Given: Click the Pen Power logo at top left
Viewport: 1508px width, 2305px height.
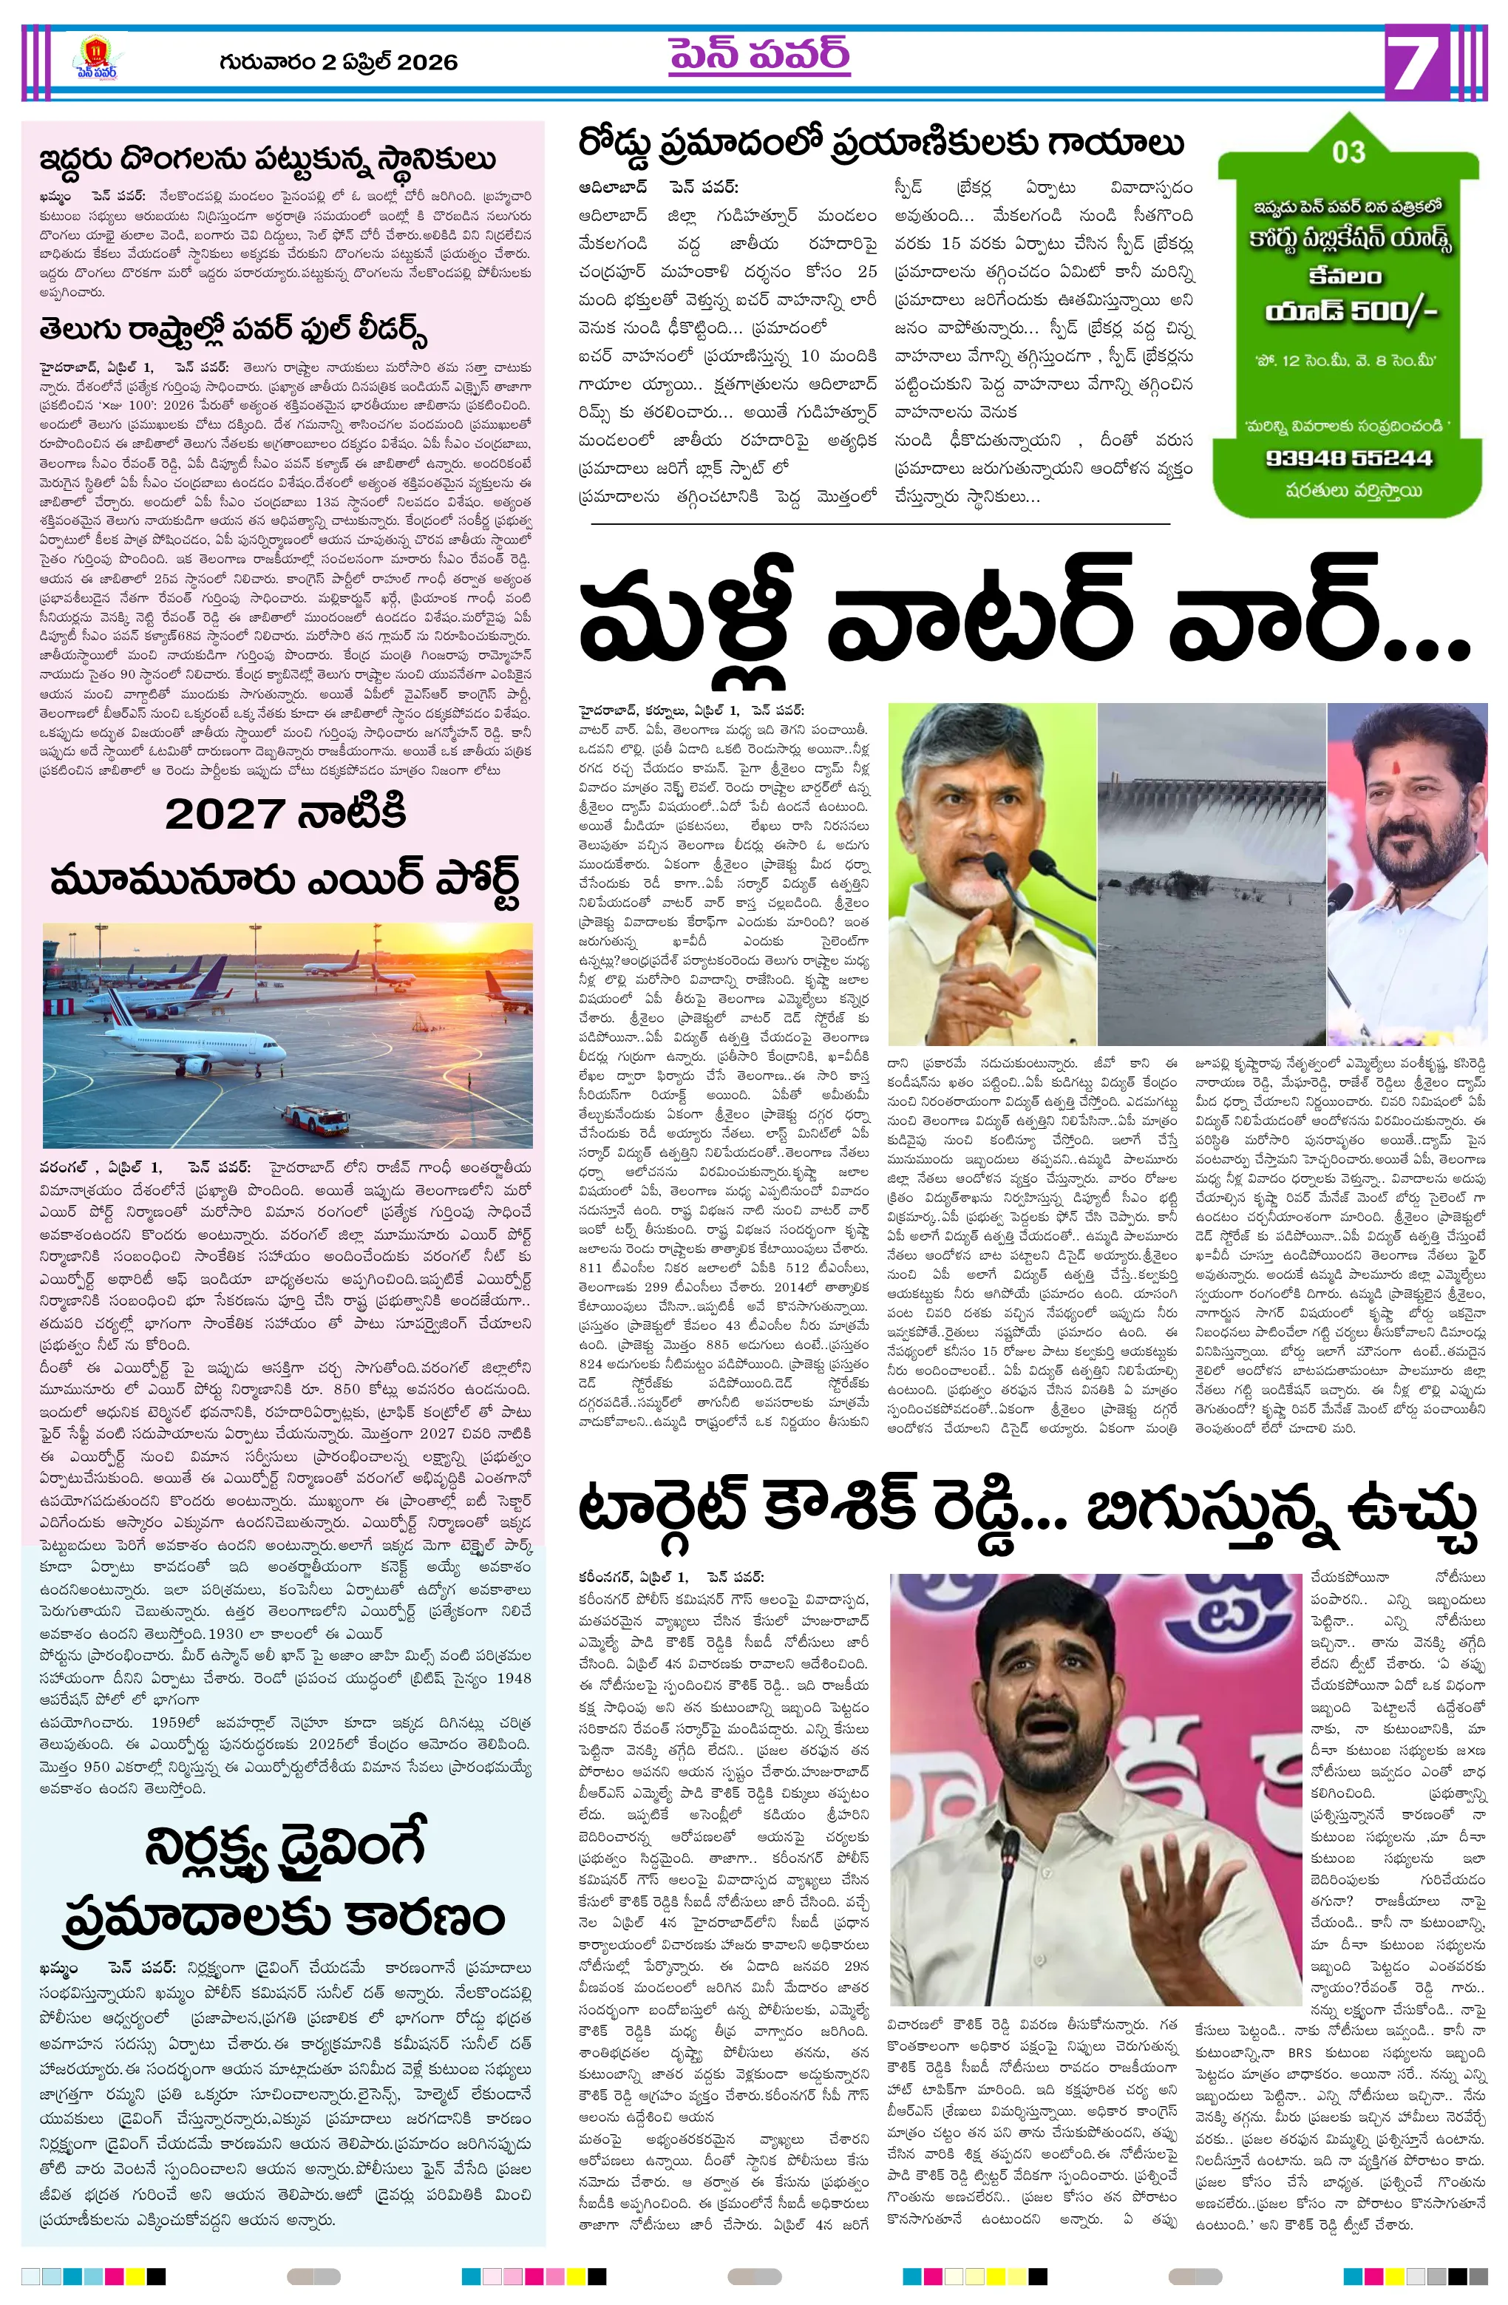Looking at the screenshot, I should pyautogui.click(x=97, y=58).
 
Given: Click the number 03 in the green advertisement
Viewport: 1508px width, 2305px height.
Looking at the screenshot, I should pyautogui.click(x=1348, y=152).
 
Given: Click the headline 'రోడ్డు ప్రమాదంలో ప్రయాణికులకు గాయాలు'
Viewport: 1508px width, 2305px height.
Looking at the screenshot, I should pyautogui.click(x=880, y=143).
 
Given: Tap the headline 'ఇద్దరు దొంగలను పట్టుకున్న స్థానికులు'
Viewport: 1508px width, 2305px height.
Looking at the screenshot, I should pyautogui.click(x=268, y=159).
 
